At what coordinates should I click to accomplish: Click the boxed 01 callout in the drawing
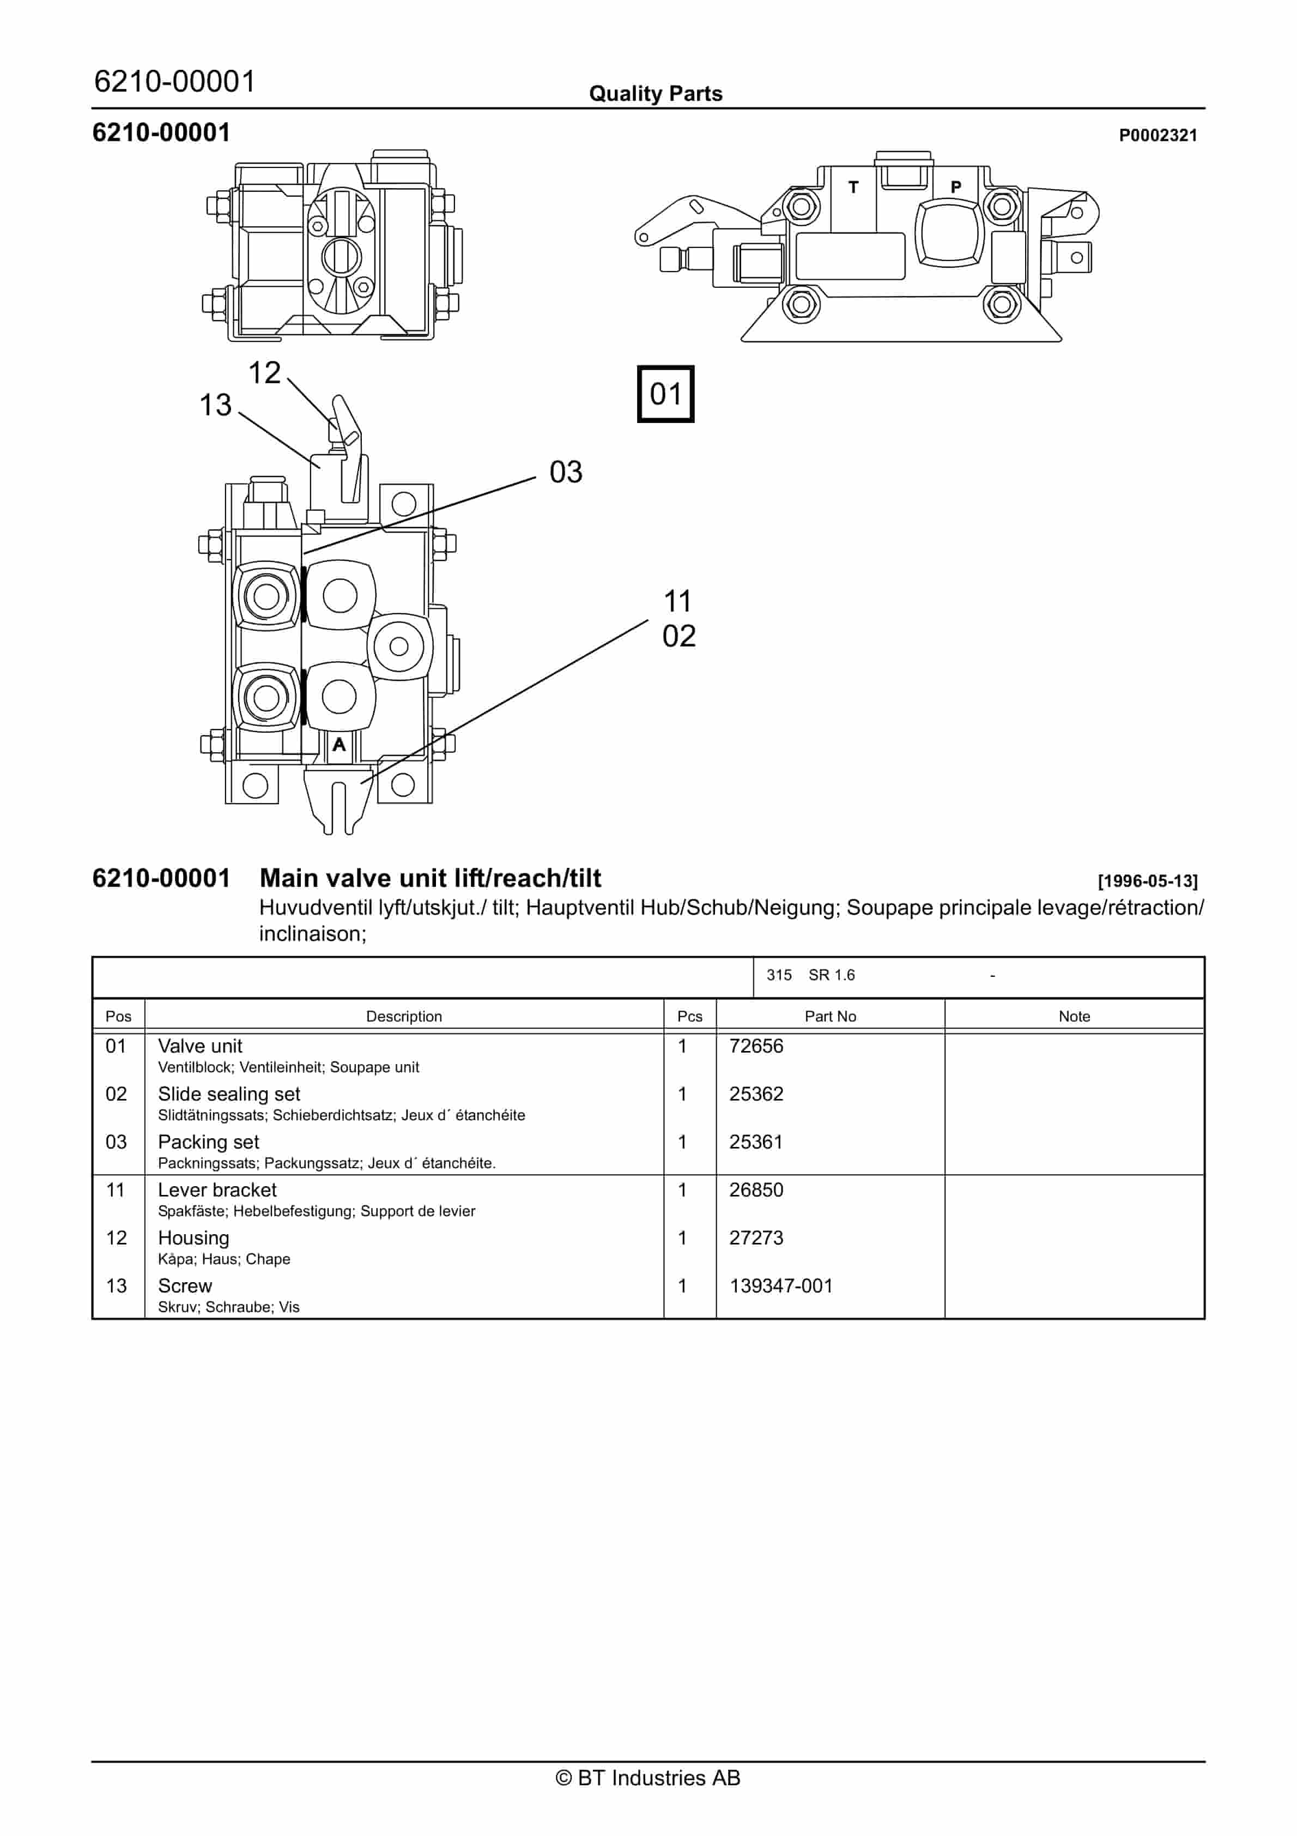click(x=665, y=394)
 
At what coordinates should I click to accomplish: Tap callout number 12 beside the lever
click(x=265, y=373)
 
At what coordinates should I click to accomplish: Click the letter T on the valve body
click(x=853, y=187)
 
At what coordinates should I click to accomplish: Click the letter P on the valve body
click(x=955, y=187)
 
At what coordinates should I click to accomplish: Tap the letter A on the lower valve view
click(x=339, y=745)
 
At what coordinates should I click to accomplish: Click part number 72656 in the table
click(x=756, y=1046)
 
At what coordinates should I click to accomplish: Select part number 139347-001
click(x=780, y=1286)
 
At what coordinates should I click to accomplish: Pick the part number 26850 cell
click(x=756, y=1190)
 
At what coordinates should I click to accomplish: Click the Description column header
click(x=404, y=1016)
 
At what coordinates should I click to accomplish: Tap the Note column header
click(x=1074, y=1016)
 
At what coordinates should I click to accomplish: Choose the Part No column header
click(x=830, y=1016)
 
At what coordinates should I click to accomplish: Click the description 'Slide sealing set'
click(x=229, y=1094)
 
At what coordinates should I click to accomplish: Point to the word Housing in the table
click(x=193, y=1238)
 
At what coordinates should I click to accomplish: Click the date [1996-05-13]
click(x=1148, y=881)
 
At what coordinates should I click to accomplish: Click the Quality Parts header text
click(x=656, y=94)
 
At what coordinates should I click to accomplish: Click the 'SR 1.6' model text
click(x=832, y=975)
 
